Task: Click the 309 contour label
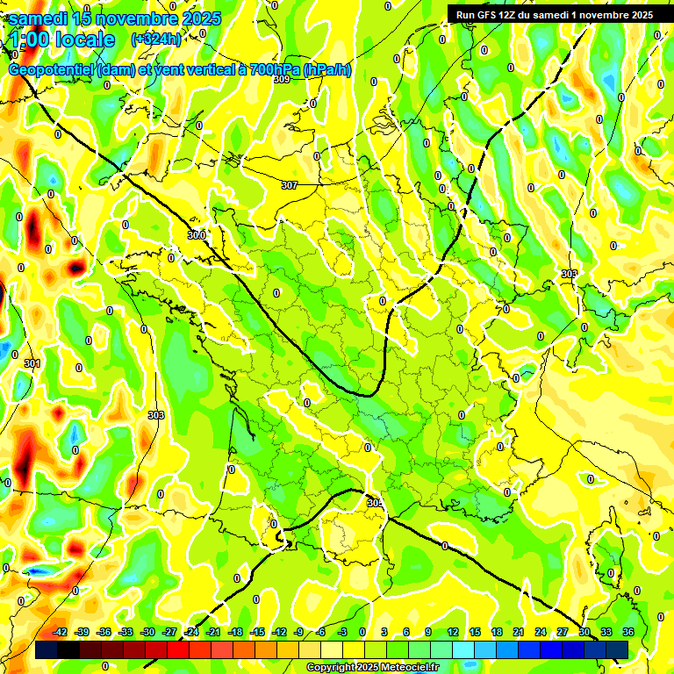(281, 80)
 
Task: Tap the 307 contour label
(290, 185)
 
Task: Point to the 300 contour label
(197, 234)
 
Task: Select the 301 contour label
(32, 363)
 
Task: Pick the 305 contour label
(375, 503)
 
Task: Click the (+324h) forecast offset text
(155, 39)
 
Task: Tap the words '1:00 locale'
(62, 39)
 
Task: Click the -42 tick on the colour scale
(61, 632)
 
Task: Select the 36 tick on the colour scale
(628, 632)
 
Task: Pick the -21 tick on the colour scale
(213, 632)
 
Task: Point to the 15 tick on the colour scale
(474, 632)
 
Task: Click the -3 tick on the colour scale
(343, 632)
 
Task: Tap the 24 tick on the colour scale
(540, 632)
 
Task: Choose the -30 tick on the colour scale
(147, 632)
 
